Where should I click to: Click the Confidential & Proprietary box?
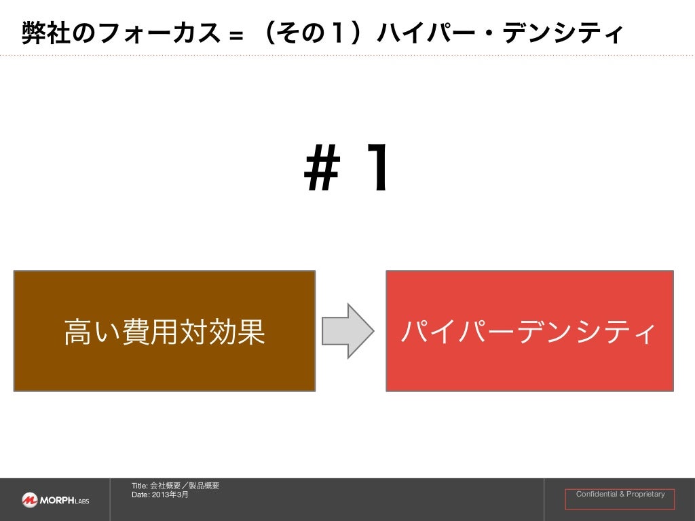point(620,499)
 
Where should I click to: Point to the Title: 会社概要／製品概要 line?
point(175,486)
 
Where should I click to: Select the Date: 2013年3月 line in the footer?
point(160,495)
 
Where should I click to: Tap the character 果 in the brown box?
point(251,332)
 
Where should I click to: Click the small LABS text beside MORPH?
point(81,502)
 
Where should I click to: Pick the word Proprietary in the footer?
point(645,495)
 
